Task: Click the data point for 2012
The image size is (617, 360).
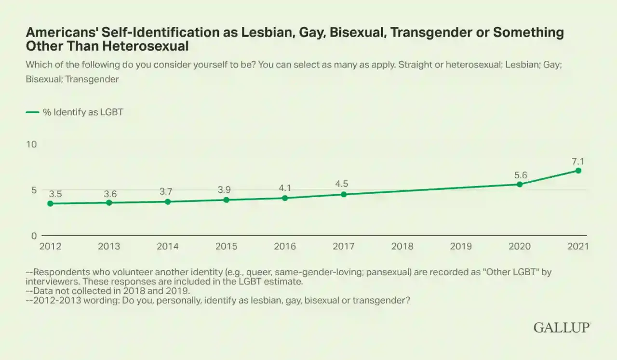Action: point(50,203)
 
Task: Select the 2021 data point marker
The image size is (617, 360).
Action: point(578,171)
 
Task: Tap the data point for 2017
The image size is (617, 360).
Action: point(344,195)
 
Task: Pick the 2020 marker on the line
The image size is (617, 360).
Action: point(520,184)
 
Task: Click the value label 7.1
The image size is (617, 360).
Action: point(577,161)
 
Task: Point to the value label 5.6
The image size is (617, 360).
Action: point(521,175)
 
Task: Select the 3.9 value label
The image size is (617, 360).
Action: point(224,189)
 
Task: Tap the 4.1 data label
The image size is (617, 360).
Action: point(285,188)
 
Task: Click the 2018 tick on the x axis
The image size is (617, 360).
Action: point(402,246)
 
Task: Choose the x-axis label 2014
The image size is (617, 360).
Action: point(167,246)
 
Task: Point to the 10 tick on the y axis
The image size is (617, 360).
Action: point(31,144)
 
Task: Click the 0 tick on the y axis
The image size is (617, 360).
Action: point(34,236)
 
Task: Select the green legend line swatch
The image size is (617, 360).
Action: point(32,112)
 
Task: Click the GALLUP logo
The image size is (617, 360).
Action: point(562,328)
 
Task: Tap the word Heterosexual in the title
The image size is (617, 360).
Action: point(146,46)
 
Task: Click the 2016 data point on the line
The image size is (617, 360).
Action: point(285,198)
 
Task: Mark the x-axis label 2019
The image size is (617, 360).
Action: point(461,246)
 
